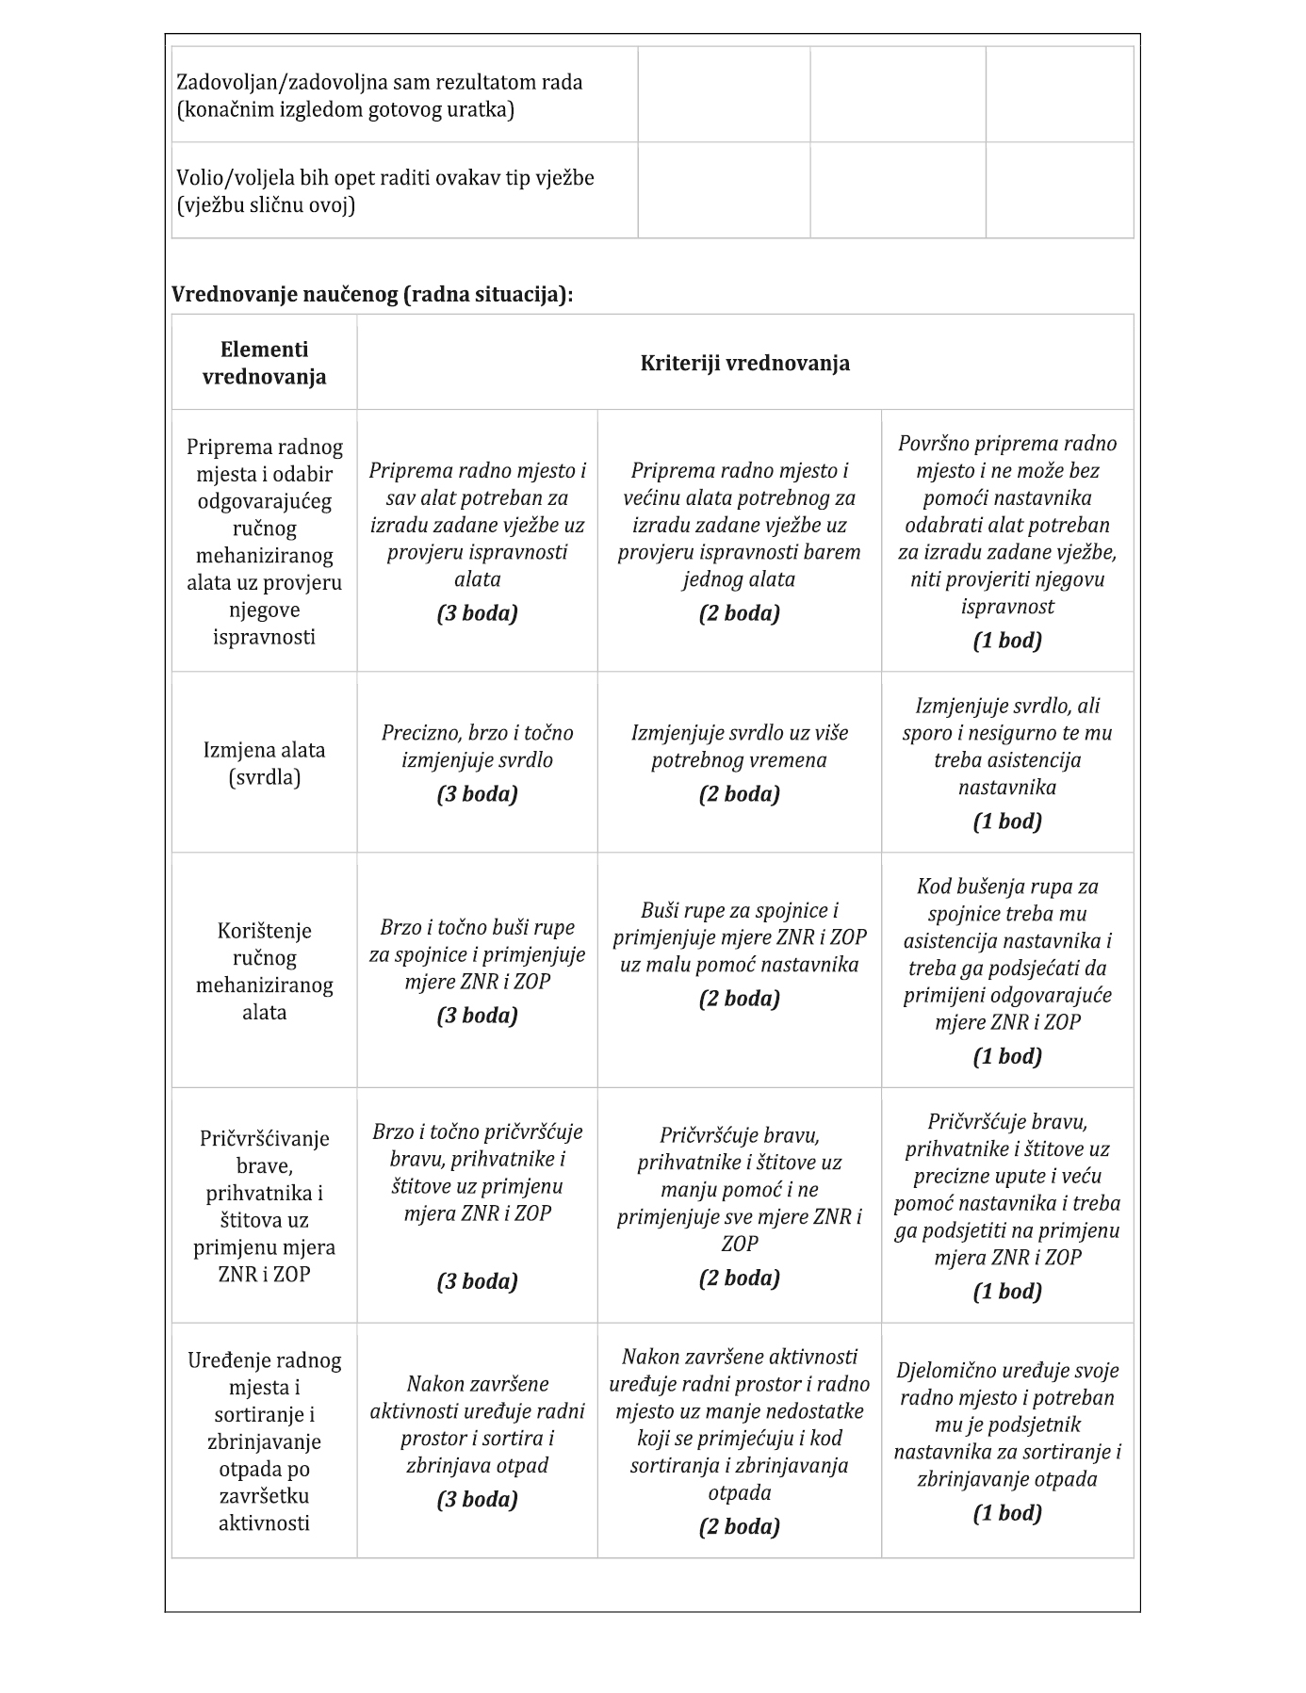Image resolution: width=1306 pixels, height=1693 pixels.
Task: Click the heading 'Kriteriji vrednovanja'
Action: click(x=744, y=363)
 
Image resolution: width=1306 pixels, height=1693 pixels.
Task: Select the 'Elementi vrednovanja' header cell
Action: click(x=265, y=363)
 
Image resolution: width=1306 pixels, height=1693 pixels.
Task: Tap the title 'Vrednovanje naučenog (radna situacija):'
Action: click(x=372, y=295)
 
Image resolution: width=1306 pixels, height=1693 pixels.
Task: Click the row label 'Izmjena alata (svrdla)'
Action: click(x=265, y=763)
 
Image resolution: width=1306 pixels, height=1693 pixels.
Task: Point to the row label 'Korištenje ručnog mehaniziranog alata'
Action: click(x=265, y=971)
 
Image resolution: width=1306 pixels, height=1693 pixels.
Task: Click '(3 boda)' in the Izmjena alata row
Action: click(x=477, y=794)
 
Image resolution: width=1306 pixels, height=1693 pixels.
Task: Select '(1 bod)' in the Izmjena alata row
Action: click(x=1007, y=822)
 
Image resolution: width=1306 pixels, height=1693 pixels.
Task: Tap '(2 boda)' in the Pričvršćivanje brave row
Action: click(x=739, y=1278)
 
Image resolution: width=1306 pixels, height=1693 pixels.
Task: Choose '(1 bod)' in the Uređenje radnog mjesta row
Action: click(x=1007, y=1513)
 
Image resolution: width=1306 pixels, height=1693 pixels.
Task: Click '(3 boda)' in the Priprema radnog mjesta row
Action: click(x=477, y=613)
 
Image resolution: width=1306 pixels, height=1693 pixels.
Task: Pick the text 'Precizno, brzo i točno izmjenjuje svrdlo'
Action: click(x=477, y=746)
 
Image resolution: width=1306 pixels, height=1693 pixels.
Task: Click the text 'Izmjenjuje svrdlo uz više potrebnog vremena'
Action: click(x=739, y=746)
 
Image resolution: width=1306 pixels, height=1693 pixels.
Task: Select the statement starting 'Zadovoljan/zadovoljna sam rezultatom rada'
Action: click(x=380, y=95)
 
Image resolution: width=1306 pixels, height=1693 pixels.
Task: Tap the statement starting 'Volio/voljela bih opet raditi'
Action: click(x=385, y=191)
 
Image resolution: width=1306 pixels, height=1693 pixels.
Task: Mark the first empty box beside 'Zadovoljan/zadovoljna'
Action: click(x=724, y=95)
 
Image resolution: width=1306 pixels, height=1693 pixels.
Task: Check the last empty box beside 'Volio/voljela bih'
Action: click(x=1059, y=191)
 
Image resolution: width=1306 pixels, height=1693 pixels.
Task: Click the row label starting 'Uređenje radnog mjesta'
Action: click(x=265, y=1441)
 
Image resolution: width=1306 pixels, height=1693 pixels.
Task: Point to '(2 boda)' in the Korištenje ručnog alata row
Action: click(x=739, y=999)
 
